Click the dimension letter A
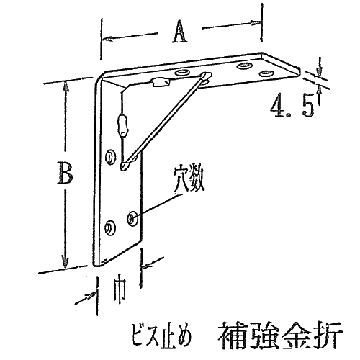[x=179, y=32]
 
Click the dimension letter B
[x=65, y=172]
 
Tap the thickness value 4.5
[x=292, y=105]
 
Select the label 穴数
[x=189, y=179]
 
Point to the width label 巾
[x=119, y=292]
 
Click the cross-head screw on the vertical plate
[x=132, y=218]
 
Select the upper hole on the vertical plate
[x=111, y=157]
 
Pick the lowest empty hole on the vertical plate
[x=110, y=228]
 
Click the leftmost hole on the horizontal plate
[x=182, y=72]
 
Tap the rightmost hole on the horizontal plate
[x=266, y=73]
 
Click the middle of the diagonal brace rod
[x=165, y=121]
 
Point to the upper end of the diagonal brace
[x=207, y=76]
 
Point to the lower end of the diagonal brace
[x=125, y=166]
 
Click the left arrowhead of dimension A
[x=107, y=39]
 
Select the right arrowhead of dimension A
[x=256, y=23]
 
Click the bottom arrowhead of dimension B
[x=65, y=262]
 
